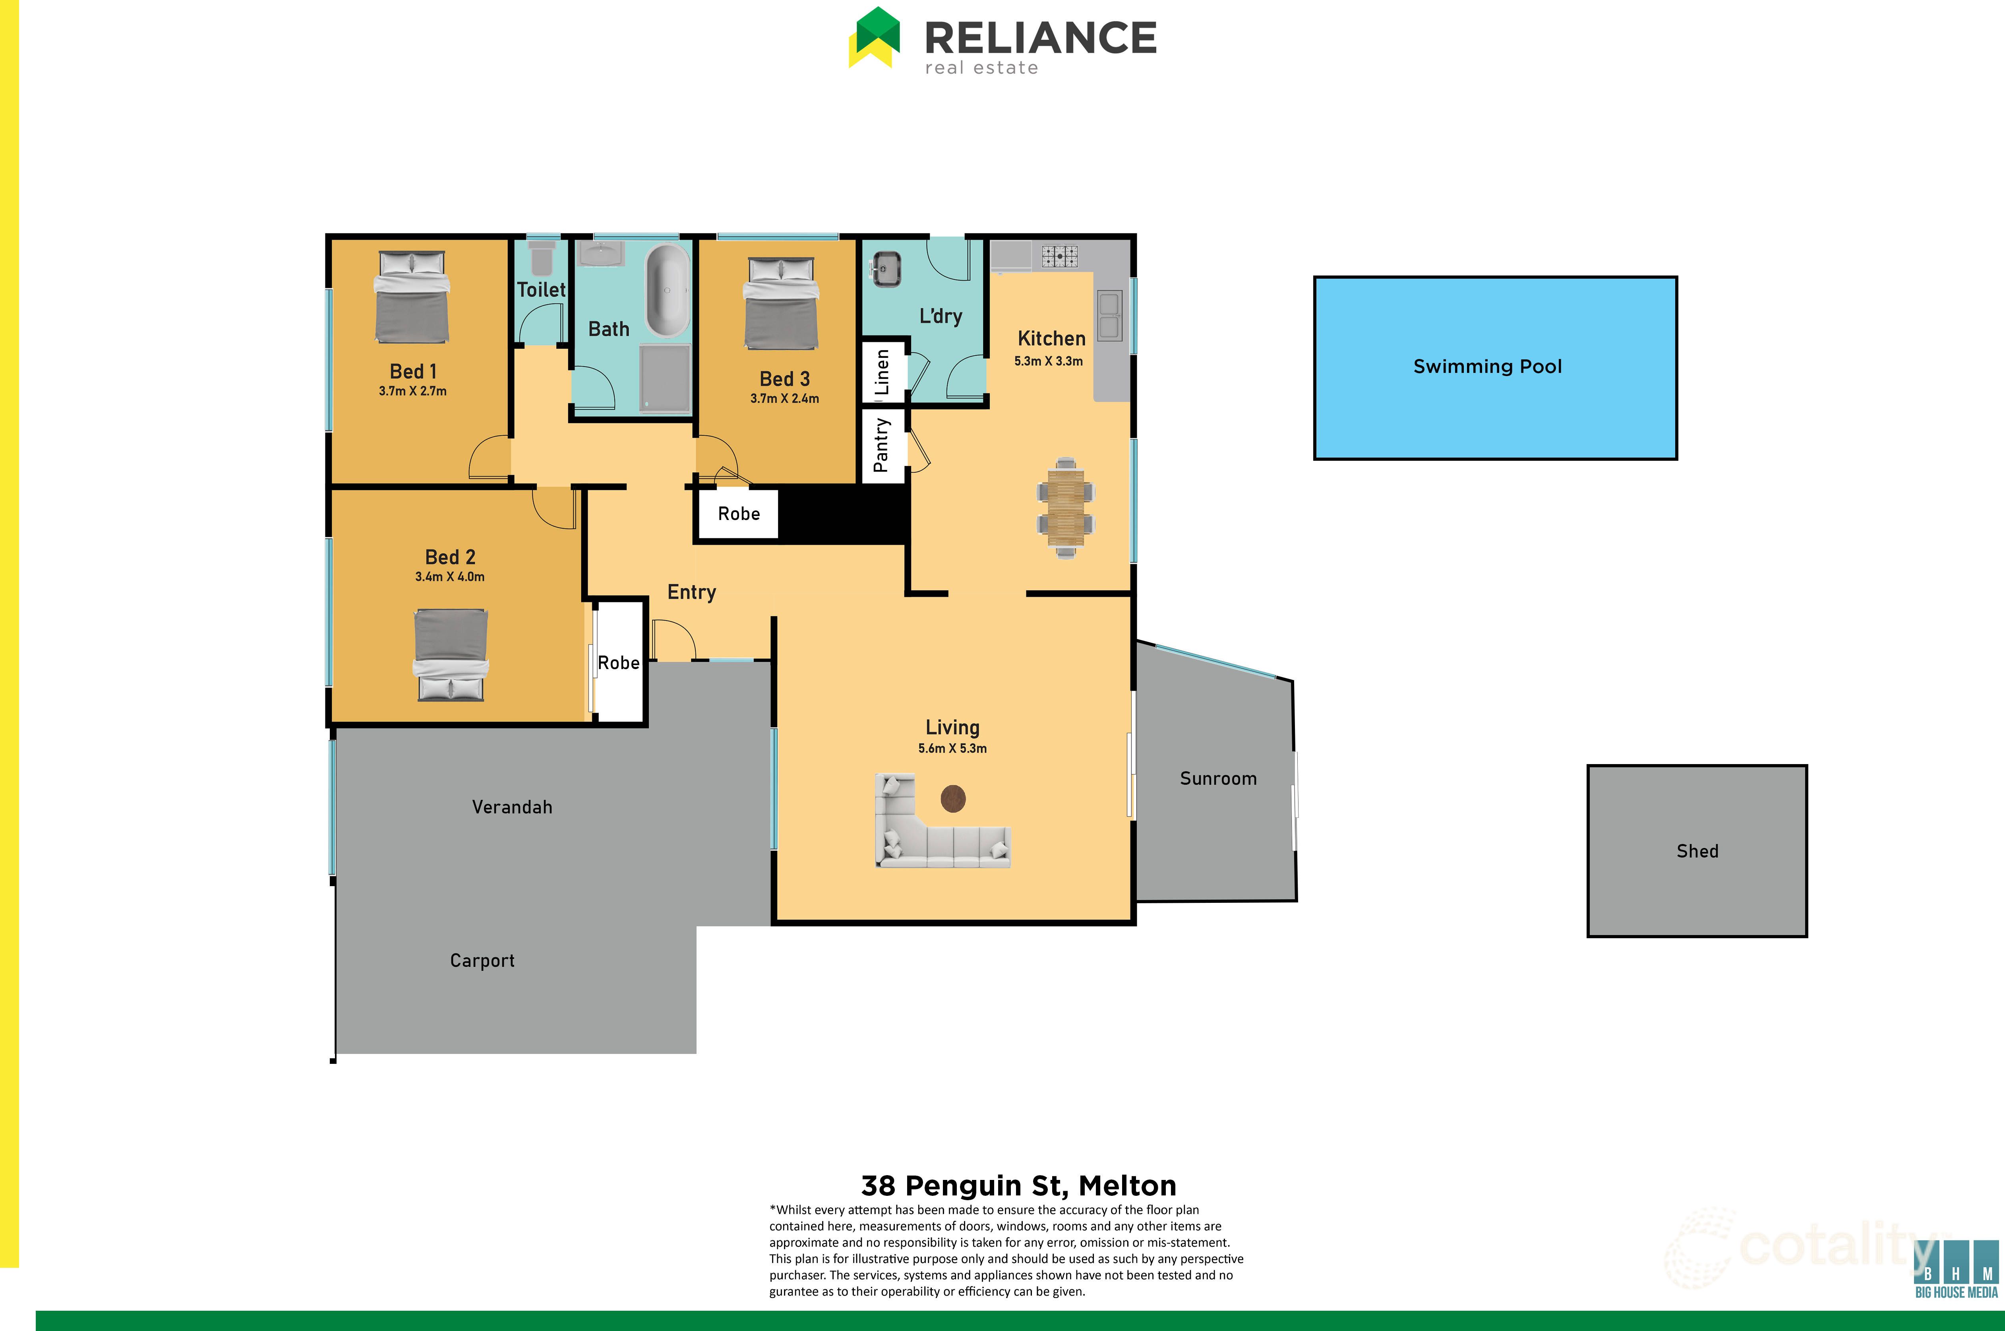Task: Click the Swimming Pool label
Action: click(x=1487, y=367)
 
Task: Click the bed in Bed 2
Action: click(x=451, y=654)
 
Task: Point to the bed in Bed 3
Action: click(x=781, y=303)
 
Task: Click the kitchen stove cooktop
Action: click(x=1060, y=256)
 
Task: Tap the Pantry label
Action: click(x=882, y=445)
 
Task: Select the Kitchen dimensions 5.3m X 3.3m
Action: click(x=1049, y=361)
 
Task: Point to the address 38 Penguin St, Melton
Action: click(x=1018, y=1186)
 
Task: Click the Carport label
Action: click(x=482, y=961)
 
